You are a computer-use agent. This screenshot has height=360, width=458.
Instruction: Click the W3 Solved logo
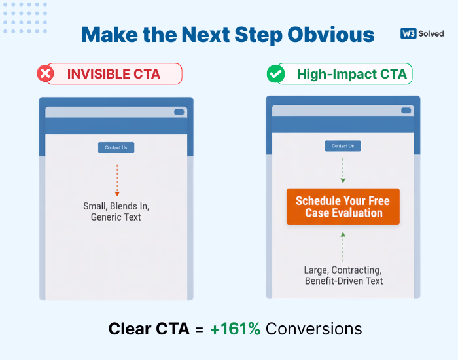pyautogui.click(x=421, y=33)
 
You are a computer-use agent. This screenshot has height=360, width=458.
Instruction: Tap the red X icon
pyautogui.click(x=46, y=74)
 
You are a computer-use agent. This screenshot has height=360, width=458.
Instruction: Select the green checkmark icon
pyautogui.click(x=275, y=74)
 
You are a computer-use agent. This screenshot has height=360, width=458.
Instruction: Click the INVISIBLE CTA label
pyautogui.click(x=113, y=74)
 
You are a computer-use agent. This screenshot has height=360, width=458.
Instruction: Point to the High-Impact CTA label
pyautogui.click(x=351, y=74)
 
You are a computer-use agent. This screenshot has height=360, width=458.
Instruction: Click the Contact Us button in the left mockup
pyautogui.click(x=116, y=147)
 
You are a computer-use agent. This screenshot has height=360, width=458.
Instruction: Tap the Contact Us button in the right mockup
pyautogui.click(x=343, y=146)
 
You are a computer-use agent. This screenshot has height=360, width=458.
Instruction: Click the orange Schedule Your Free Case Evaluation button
pyautogui.click(x=343, y=206)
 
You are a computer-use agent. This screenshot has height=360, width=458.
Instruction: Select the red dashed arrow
pyautogui.click(x=117, y=180)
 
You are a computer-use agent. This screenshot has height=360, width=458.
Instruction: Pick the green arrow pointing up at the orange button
pyautogui.click(x=343, y=245)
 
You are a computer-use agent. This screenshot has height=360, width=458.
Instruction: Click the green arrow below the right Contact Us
pyautogui.click(x=343, y=170)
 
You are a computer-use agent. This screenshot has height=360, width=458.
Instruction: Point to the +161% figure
pyautogui.click(x=236, y=329)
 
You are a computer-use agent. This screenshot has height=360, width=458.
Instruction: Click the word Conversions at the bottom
pyautogui.click(x=313, y=329)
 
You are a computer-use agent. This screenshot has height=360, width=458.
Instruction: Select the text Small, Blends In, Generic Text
pyautogui.click(x=116, y=211)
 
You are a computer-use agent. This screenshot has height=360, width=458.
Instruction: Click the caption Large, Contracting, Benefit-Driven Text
pyautogui.click(x=343, y=275)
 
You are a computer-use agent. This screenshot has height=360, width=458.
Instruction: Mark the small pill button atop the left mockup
pyautogui.click(x=179, y=112)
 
